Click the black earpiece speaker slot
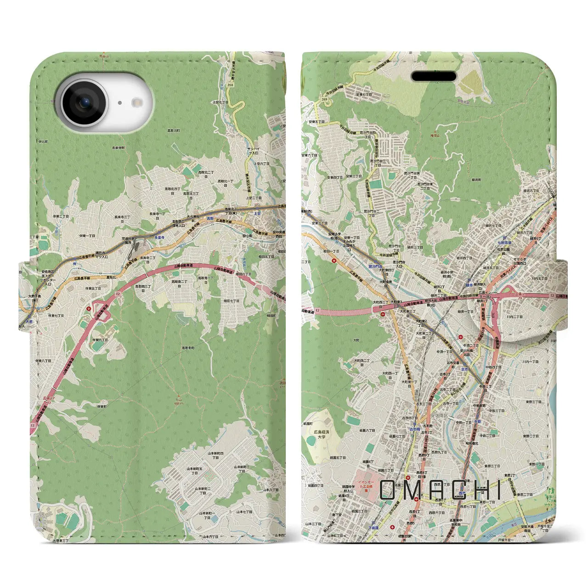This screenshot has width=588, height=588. [x=433, y=76]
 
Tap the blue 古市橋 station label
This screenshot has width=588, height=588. [x=414, y=429]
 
